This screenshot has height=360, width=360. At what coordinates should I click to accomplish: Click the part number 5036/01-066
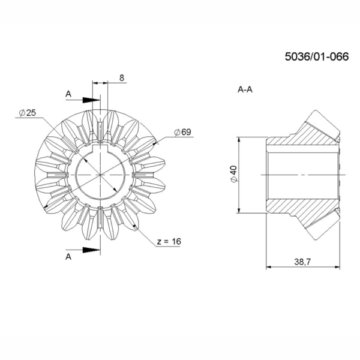[317, 56]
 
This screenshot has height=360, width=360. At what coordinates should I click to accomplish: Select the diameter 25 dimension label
[28, 113]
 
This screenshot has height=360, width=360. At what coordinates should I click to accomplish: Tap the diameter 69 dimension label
[183, 132]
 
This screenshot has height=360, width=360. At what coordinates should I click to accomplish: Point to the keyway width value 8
[122, 78]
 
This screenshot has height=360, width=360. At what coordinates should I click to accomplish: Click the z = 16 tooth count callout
[169, 241]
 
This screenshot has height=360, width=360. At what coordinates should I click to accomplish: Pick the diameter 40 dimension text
[234, 174]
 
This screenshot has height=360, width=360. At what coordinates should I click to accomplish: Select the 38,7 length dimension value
[302, 262]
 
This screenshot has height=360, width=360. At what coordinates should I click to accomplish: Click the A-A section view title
[245, 89]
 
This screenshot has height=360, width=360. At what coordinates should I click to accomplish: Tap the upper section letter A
[68, 94]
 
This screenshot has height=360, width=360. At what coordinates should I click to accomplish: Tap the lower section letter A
[68, 257]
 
